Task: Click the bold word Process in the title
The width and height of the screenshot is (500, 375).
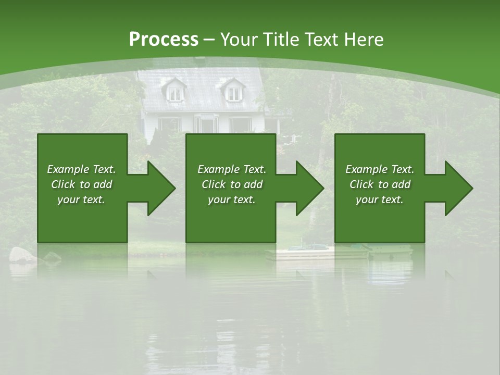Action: tap(164, 40)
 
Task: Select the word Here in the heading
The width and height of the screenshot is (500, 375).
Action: tap(364, 40)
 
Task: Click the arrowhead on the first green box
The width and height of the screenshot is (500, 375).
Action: tap(156, 188)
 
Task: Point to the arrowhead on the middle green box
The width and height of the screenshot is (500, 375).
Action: tap(305, 188)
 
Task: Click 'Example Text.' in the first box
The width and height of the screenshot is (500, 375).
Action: tap(81, 169)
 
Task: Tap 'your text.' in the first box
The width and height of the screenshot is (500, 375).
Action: tap(81, 199)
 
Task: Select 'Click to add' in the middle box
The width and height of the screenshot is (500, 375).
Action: tap(232, 184)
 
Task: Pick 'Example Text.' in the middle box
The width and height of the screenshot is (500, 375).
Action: tap(232, 169)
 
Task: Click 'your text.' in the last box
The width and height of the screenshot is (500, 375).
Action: tap(380, 199)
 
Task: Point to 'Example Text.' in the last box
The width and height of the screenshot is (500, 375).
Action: tap(380, 169)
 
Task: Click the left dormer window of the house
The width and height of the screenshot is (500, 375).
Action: tap(176, 93)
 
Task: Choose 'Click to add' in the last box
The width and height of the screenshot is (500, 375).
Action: tap(380, 184)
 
